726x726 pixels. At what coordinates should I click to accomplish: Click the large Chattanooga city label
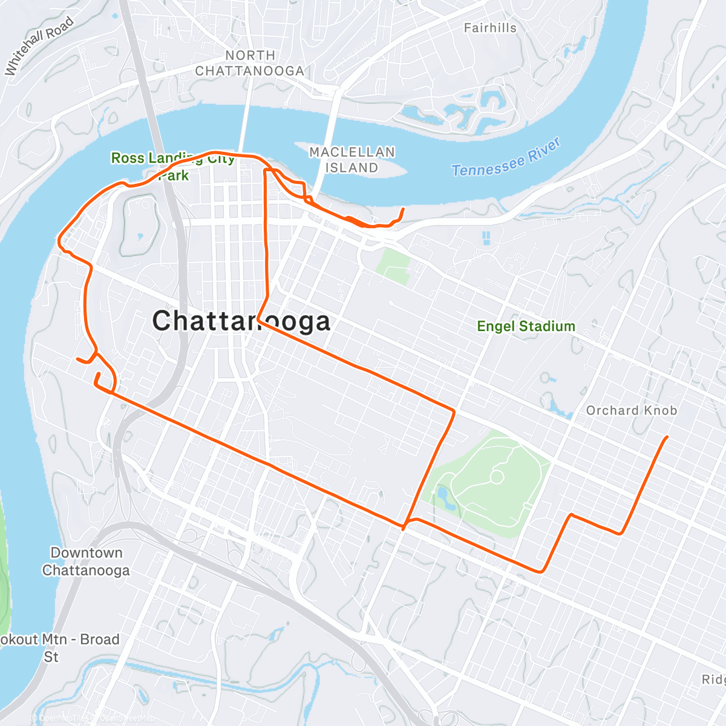coord(241,321)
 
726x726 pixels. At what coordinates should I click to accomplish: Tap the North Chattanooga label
coord(249,64)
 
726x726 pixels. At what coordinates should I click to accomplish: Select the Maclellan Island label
coord(352,160)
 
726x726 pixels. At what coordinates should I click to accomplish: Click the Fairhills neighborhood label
coord(490,28)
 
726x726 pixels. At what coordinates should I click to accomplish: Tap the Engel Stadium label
coord(526,326)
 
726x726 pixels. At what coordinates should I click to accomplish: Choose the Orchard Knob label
coord(631,410)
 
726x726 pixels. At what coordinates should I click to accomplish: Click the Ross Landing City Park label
coord(172,166)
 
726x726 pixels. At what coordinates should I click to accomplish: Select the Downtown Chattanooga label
coord(86,561)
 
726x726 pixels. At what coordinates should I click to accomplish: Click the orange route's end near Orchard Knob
coord(667,437)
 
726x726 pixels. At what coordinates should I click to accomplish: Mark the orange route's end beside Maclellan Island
coord(404,209)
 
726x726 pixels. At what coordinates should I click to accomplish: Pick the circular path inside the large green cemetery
coord(496,477)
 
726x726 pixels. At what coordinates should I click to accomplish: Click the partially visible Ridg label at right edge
coord(713,679)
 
